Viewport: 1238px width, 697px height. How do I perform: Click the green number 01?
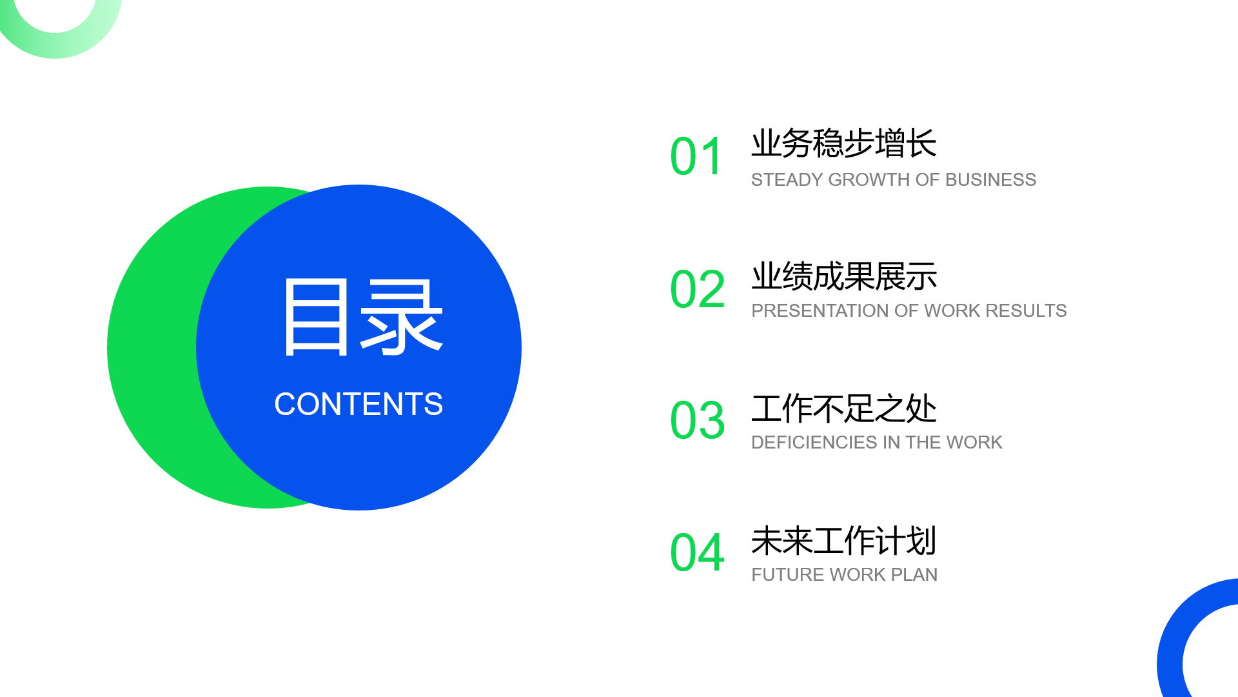tap(696, 157)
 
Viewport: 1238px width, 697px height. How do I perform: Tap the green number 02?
tap(698, 289)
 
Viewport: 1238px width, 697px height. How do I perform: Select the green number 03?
tap(698, 421)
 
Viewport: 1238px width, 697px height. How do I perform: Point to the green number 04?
tap(698, 552)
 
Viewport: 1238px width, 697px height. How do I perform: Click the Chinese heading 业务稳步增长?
tap(844, 143)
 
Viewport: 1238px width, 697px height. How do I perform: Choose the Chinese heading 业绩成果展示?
tap(844, 276)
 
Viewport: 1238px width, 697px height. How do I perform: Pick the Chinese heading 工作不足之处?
tap(844, 409)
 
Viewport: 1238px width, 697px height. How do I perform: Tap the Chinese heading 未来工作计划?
tap(844, 541)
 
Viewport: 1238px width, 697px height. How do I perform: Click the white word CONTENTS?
tap(359, 405)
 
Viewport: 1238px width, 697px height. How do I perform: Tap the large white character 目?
tap(316, 317)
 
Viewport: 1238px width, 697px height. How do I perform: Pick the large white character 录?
tap(402, 317)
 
